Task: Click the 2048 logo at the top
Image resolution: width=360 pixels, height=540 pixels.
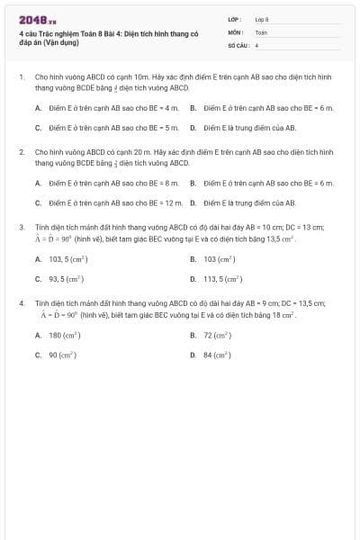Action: (x=36, y=20)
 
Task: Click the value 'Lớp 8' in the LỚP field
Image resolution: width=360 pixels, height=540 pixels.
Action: (x=262, y=19)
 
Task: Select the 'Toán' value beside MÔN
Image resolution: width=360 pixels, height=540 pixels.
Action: (x=261, y=31)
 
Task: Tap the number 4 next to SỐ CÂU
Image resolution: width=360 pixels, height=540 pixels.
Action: (x=256, y=44)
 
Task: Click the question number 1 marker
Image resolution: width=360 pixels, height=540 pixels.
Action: (x=21, y=77)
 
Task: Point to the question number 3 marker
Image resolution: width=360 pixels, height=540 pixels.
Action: (x=21, y=227)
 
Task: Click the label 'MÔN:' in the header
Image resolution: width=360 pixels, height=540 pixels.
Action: (x=235, y=31)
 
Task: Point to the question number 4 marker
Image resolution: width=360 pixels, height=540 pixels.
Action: (x=21, y=303)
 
